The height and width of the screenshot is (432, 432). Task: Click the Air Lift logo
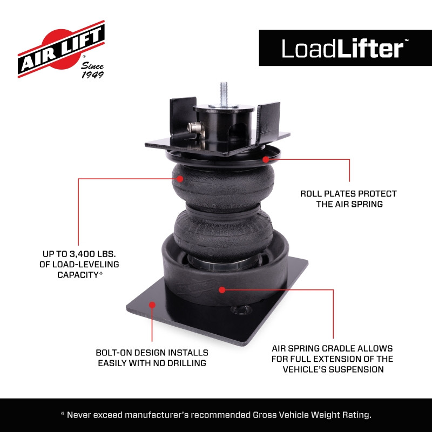tap(60, 50)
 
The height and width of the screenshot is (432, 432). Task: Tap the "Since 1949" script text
tap(92, 70)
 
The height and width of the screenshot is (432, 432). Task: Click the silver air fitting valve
tap(194, 129)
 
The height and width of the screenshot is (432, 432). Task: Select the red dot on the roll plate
tap(266, 159)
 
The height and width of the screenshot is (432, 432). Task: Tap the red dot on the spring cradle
tap(222, 289)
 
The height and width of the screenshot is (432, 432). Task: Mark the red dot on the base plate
tap(152, 305)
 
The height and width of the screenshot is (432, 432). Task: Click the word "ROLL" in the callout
tap(313, 193)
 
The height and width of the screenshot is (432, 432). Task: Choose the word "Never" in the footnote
tap(83, 415)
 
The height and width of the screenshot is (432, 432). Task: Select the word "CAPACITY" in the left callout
tap(77, 274)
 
